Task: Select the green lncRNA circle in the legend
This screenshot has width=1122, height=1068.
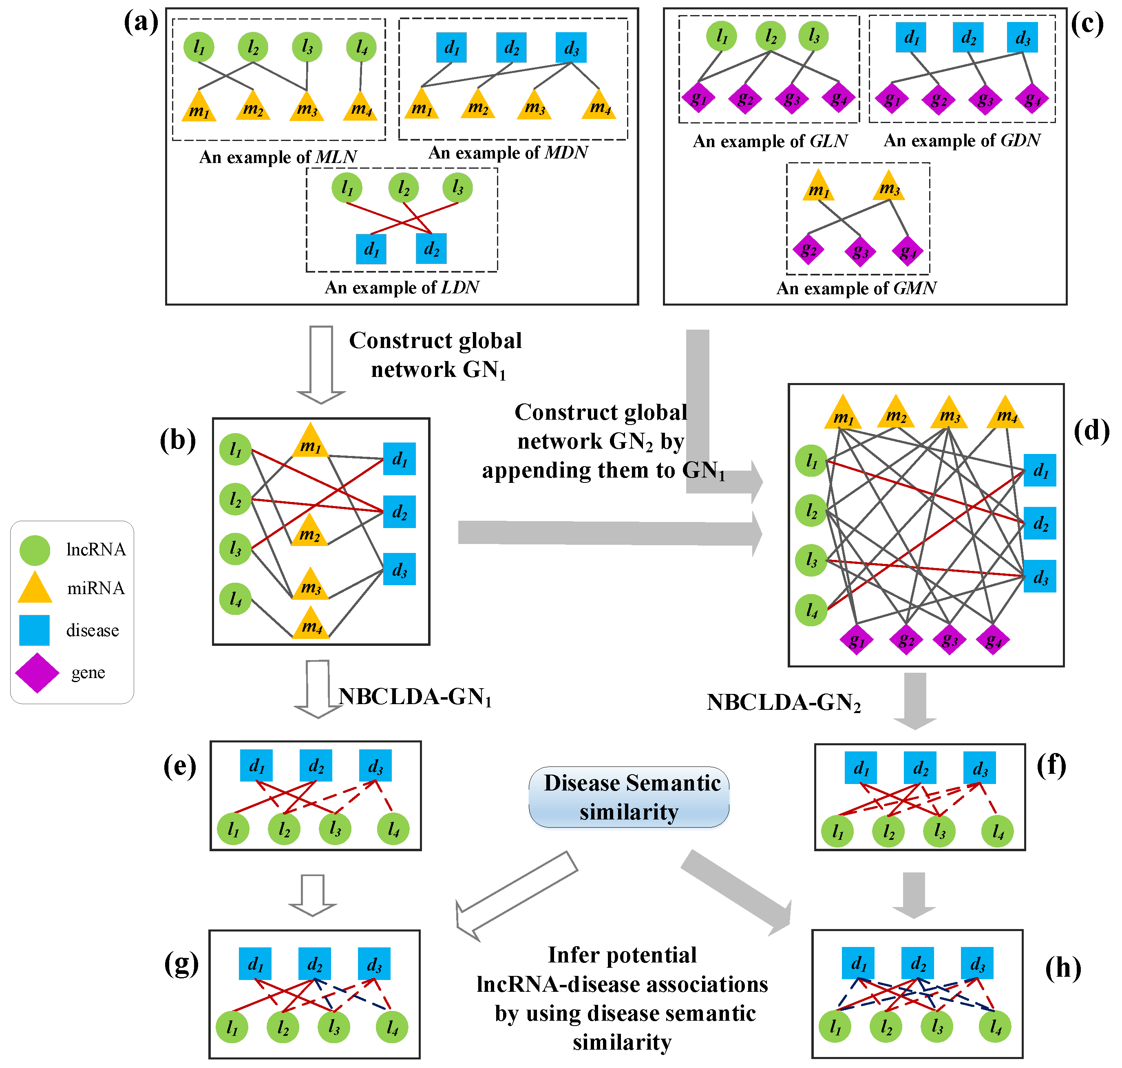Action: tap(35, 550)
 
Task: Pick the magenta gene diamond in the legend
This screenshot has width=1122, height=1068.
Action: tap(37, 672)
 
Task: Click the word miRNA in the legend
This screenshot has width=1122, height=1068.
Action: tap(96, 588)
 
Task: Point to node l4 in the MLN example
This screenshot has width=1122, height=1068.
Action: tap(361, 47)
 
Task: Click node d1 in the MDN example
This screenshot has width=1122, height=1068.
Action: tap(452, 47)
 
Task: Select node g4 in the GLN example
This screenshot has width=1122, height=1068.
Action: tap(838, 99)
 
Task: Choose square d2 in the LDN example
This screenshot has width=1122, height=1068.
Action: tap(431, 249)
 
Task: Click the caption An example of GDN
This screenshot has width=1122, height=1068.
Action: tap(961, 140)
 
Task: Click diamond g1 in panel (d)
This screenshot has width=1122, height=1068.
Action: tap(856, 641)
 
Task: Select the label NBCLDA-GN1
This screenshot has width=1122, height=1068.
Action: tap(415, 697)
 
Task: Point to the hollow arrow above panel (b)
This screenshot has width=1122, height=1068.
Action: tap(321, 364)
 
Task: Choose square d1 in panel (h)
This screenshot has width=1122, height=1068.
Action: tap(858, 963)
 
